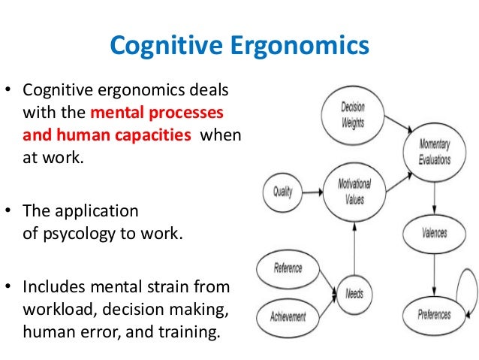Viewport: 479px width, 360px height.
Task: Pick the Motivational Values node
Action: tap(354, 193)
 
